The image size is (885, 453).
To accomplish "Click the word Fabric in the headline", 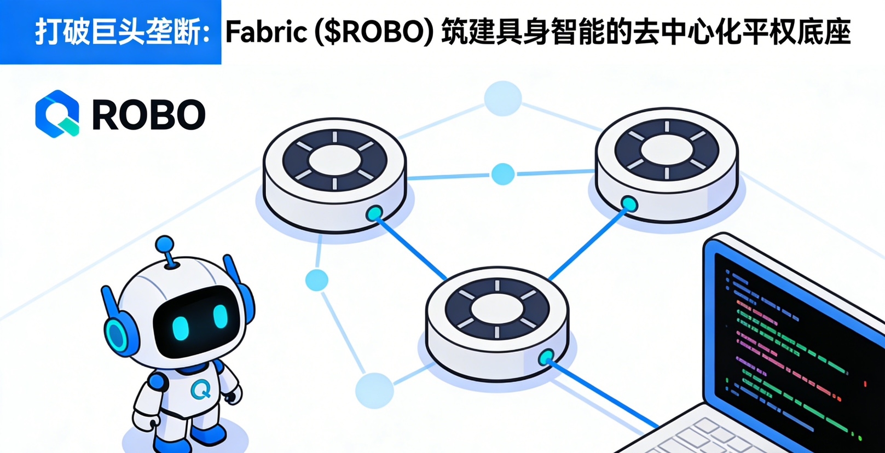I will (267, 32).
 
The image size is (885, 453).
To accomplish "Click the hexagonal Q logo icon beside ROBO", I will (57, 114).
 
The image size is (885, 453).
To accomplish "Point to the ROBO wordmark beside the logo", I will (148, 115).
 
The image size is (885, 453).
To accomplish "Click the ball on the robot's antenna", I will (164, 244).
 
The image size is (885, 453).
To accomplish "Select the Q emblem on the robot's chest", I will (201, 390).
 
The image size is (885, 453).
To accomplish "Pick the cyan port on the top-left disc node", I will (375, 213).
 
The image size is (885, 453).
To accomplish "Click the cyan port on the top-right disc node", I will (629, 205).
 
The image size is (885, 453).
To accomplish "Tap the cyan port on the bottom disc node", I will (546, 358).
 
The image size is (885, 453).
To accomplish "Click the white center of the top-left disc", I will (334, 160).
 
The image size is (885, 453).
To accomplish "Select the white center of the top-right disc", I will (667, 150).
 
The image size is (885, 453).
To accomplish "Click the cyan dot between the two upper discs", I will (502, 174).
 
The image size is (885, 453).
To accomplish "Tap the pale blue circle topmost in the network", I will (502, 98).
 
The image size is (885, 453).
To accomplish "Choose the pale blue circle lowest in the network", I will (374, 390).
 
